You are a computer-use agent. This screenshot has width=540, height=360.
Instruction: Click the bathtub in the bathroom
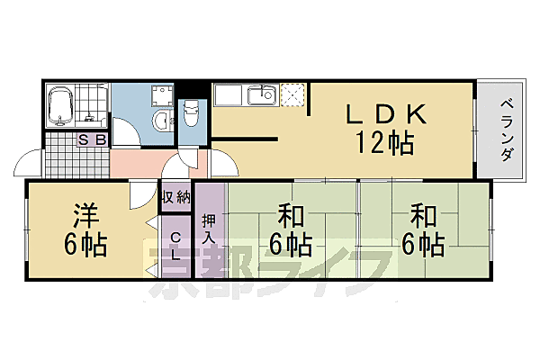(x=60, y=106)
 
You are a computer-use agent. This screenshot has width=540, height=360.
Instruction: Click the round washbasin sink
(x=160, y=121)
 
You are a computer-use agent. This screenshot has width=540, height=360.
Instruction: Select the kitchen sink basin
(x=264, y=94)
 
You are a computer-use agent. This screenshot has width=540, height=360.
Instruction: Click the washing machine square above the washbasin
(x=161, y=95)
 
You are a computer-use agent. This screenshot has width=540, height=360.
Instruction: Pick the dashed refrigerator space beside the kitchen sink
(x=293, y=94)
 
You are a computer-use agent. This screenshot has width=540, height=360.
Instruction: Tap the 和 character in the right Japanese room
(x=424, y=217)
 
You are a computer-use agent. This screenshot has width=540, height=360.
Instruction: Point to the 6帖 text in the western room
(x=86, y=243)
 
